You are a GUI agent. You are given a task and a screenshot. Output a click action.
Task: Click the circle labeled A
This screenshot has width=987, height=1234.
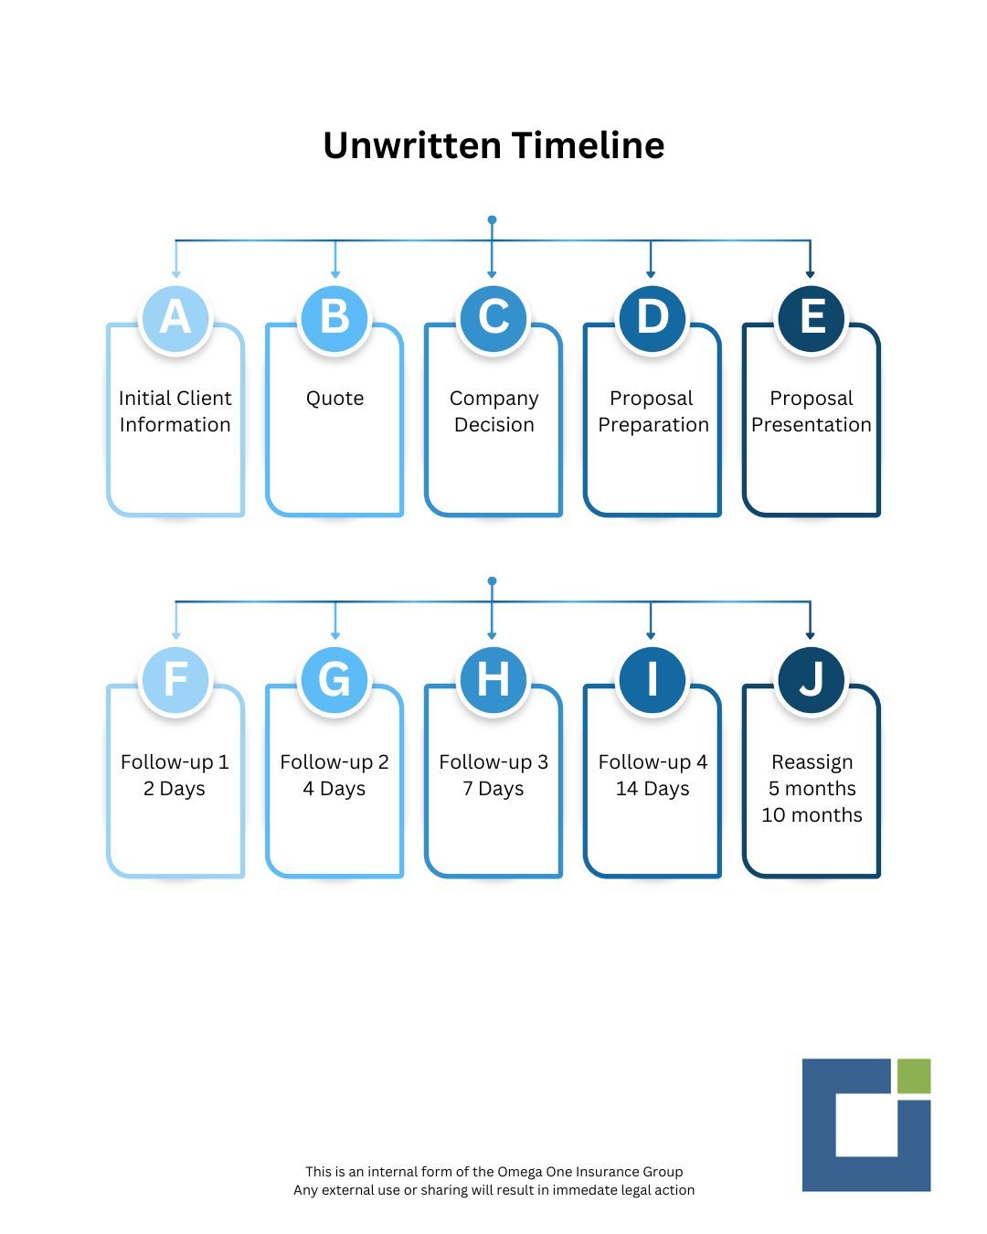(175, 318)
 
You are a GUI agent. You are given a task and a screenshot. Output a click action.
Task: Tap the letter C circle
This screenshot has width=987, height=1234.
(493, 318)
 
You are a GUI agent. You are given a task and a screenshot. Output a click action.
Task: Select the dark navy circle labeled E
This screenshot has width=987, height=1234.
(811, 318)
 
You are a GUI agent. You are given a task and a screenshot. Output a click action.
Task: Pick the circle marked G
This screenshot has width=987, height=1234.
(334, 679)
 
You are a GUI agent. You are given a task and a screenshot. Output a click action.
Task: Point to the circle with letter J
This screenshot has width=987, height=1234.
(811, 679)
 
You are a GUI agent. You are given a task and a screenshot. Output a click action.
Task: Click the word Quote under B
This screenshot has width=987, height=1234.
(334, 399)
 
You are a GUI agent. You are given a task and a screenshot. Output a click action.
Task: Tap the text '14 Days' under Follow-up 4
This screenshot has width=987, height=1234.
(653, 789)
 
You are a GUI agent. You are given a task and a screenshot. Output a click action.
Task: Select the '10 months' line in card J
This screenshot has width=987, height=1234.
(812, 814)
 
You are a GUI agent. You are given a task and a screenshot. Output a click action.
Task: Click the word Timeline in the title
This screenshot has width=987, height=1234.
(588, 145)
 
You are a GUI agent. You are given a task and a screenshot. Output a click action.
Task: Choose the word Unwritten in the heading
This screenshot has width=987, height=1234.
(412, 145)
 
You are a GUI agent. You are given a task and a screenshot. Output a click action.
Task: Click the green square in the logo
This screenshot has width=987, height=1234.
(914, 1076)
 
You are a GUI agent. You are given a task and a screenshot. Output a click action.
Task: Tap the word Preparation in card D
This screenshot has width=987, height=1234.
(653, 425)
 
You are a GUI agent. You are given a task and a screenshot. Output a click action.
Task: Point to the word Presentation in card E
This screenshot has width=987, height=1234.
(812, 425)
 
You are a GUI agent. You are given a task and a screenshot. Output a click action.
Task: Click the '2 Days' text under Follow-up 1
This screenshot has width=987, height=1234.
(175, 789)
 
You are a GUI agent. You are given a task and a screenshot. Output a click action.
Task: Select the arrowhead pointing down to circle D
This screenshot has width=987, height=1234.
(651, 274)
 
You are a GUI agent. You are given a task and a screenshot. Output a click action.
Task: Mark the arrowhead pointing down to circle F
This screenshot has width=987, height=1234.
(176, 635)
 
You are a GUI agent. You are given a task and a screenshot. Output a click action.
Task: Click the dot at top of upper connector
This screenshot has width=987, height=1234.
(492, 219)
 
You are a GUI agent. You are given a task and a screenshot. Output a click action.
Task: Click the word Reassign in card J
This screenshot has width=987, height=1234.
(812, 762)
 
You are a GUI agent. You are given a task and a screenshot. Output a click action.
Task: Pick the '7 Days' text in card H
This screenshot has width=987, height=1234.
(493, 789)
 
